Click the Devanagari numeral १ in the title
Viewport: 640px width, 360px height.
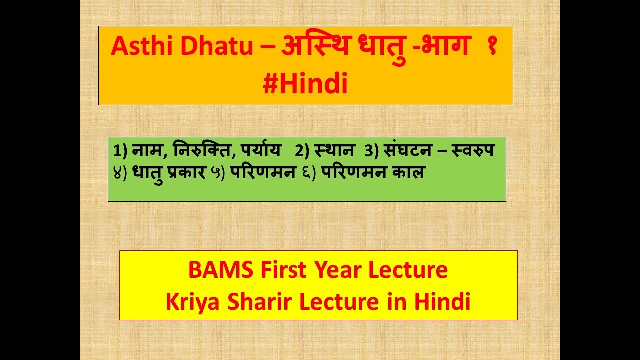pos(492,48)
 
